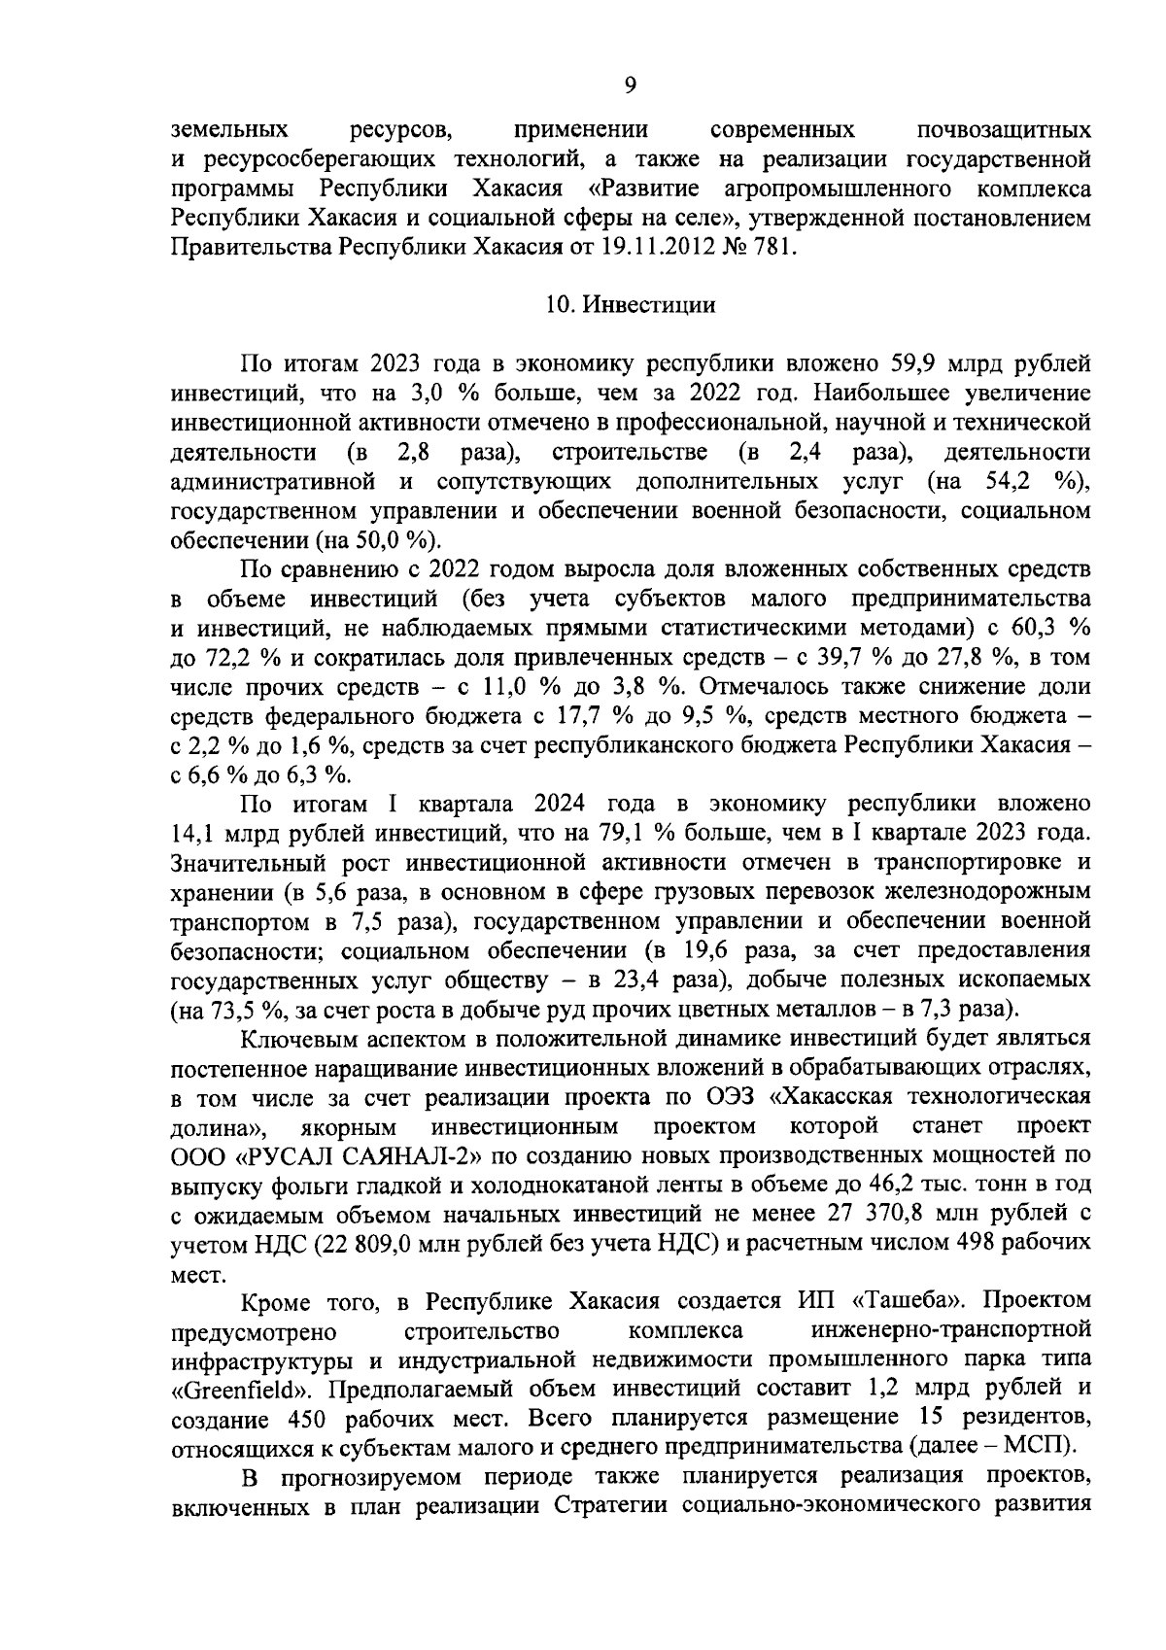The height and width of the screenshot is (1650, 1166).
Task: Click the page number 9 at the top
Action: tap(630, 86)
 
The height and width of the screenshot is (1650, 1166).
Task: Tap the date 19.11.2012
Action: tap(656, 248)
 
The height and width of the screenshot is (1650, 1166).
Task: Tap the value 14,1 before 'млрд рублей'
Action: tap(193, 835)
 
